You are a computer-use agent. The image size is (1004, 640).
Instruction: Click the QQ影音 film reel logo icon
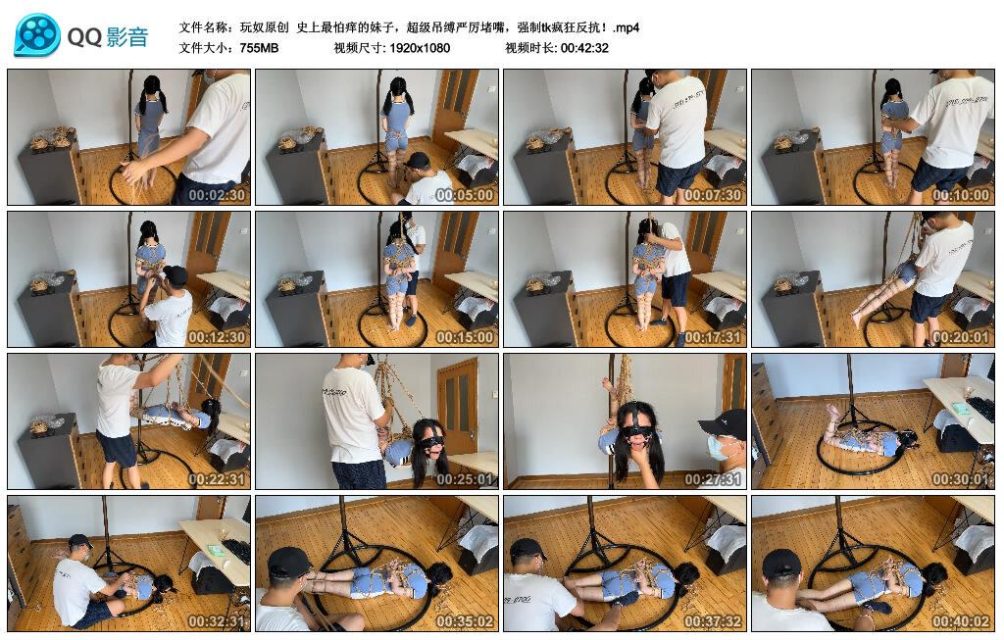pyautogui.click(x=37, y=35)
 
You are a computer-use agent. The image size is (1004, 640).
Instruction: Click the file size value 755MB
pyautogui.click(x=259, y=47)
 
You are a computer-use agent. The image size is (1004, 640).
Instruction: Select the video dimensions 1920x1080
pyautogui.click(x=418, y=47)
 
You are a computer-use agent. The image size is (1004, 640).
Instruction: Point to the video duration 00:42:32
pyautogui.click(x=584, y=47)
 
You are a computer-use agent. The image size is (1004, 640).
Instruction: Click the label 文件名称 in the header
pyautogui.click(x=207, y=27)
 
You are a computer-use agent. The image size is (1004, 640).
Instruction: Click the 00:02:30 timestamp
pyautogui.click(x=218, y=195)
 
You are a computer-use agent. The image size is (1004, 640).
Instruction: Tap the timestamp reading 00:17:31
pyautogui.click(x=714, y=337)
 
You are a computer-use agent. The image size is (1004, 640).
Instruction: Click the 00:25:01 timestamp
pyautogui.click(x=466, y=479)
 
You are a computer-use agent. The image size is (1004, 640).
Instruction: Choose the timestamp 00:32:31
pyautogui.click(x=218, y=621)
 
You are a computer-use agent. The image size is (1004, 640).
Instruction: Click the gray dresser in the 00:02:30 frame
pyautogui.click(x=49, y=172)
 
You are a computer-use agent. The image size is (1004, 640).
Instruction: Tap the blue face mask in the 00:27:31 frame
pyautogui.click(x=721, y=449)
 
